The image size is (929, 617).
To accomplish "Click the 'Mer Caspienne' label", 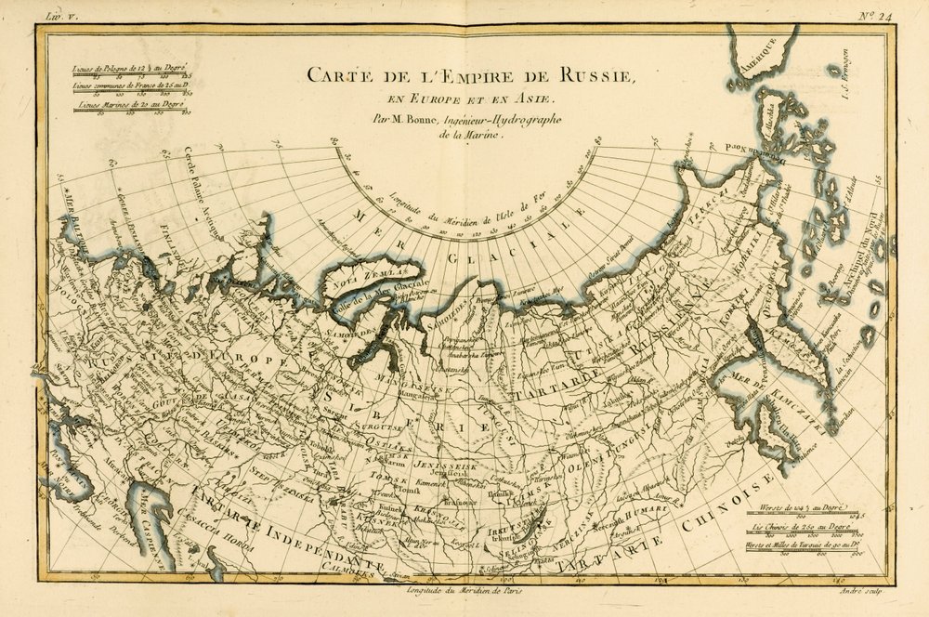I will (x=138, y=525).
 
